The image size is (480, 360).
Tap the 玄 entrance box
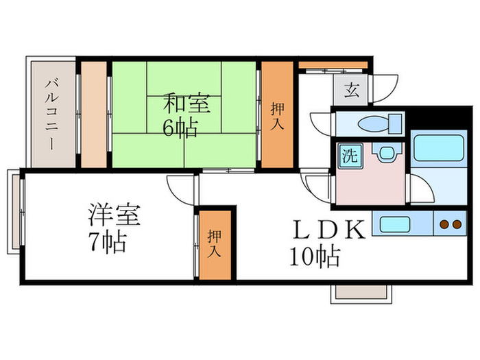click(351, 89)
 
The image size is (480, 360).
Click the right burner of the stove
click(456, 224)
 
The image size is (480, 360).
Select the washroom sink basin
click(385, 152)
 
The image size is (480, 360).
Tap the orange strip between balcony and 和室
click(94, 115)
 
